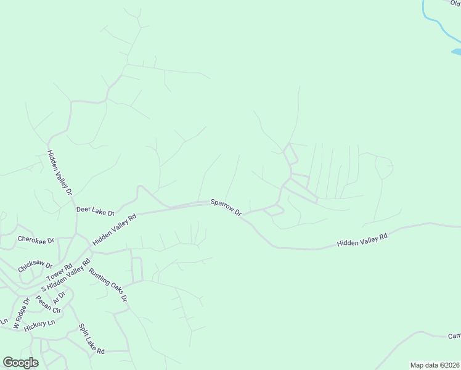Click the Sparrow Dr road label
click(x=226, y=207)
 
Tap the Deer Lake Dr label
click(x=96, y=211)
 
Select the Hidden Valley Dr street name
click(x=60, y=173)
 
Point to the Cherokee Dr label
click(x=36, y=239)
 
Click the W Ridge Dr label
click(x=21, y=314)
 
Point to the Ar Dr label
click(x=59, y=297)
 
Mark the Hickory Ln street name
click(x=39, y=326)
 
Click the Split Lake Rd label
click(x=91, y=339)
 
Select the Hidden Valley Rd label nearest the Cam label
click(x=362, y=240)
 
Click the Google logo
click(x=20, y=363)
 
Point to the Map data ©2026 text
click(x=434, y=365)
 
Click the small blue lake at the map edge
click(x=457, y=52)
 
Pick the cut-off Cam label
click(x=454, y=336)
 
